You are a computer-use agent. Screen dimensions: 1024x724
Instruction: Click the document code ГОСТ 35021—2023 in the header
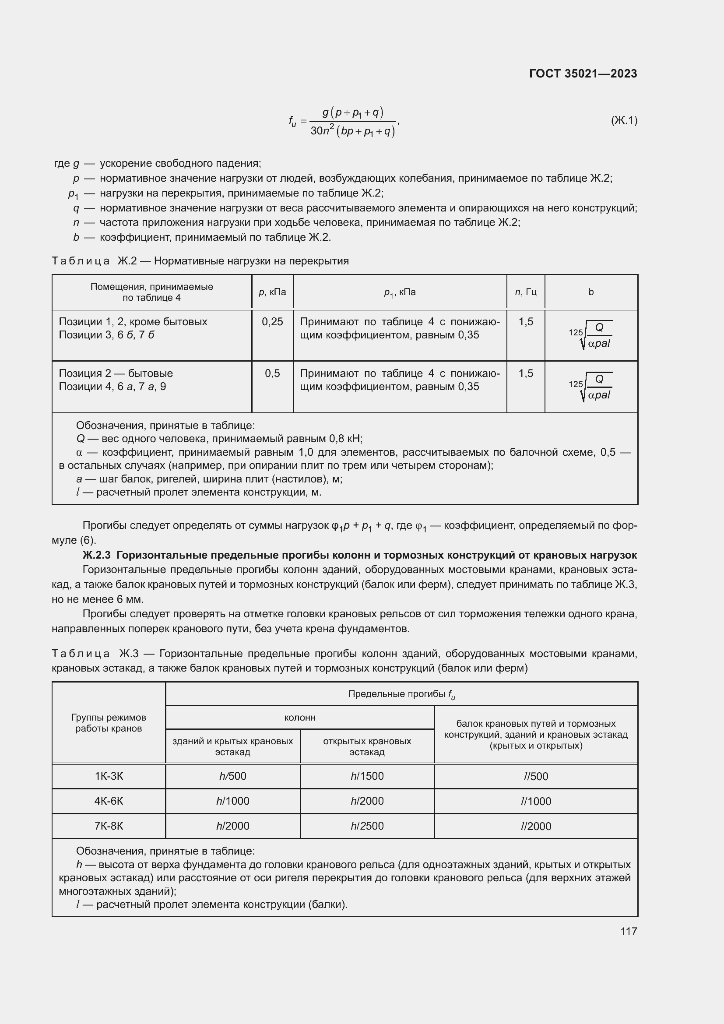tap(583, 74)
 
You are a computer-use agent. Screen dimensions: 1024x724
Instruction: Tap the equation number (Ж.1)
tap(624, 120)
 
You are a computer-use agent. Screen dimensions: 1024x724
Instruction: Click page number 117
tap(628, 932)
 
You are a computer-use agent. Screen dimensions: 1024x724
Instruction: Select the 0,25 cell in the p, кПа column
tap(272, 322)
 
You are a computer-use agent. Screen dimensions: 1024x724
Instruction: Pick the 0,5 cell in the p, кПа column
tap(272, 373)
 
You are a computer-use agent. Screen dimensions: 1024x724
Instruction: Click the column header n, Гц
tap(525, 292)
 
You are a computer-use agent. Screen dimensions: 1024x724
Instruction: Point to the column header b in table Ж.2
tap(590, 292)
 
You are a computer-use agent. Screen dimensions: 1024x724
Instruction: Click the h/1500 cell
tap(367, 776)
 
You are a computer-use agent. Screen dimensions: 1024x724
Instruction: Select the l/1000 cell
tap(536, 802)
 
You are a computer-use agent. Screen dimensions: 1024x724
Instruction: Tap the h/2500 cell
tap(367, 826)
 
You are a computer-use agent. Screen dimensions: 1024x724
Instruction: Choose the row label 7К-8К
tap(109, 826)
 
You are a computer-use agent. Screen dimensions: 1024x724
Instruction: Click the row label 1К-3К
tap(109, 776)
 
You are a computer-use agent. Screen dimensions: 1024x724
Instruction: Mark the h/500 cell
tap(232, 776)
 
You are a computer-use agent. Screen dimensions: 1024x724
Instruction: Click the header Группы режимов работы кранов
tap(109, 723)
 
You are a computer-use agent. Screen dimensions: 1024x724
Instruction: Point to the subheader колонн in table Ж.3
tap(299, 718)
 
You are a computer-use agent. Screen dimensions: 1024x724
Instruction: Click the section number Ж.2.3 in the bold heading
tap(96, 555)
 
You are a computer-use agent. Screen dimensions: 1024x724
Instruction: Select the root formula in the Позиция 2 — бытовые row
tap(590, 387)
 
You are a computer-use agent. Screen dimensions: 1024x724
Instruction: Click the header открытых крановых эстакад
tap(367, 746)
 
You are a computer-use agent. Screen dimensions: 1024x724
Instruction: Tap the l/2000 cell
tap(536, 827)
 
